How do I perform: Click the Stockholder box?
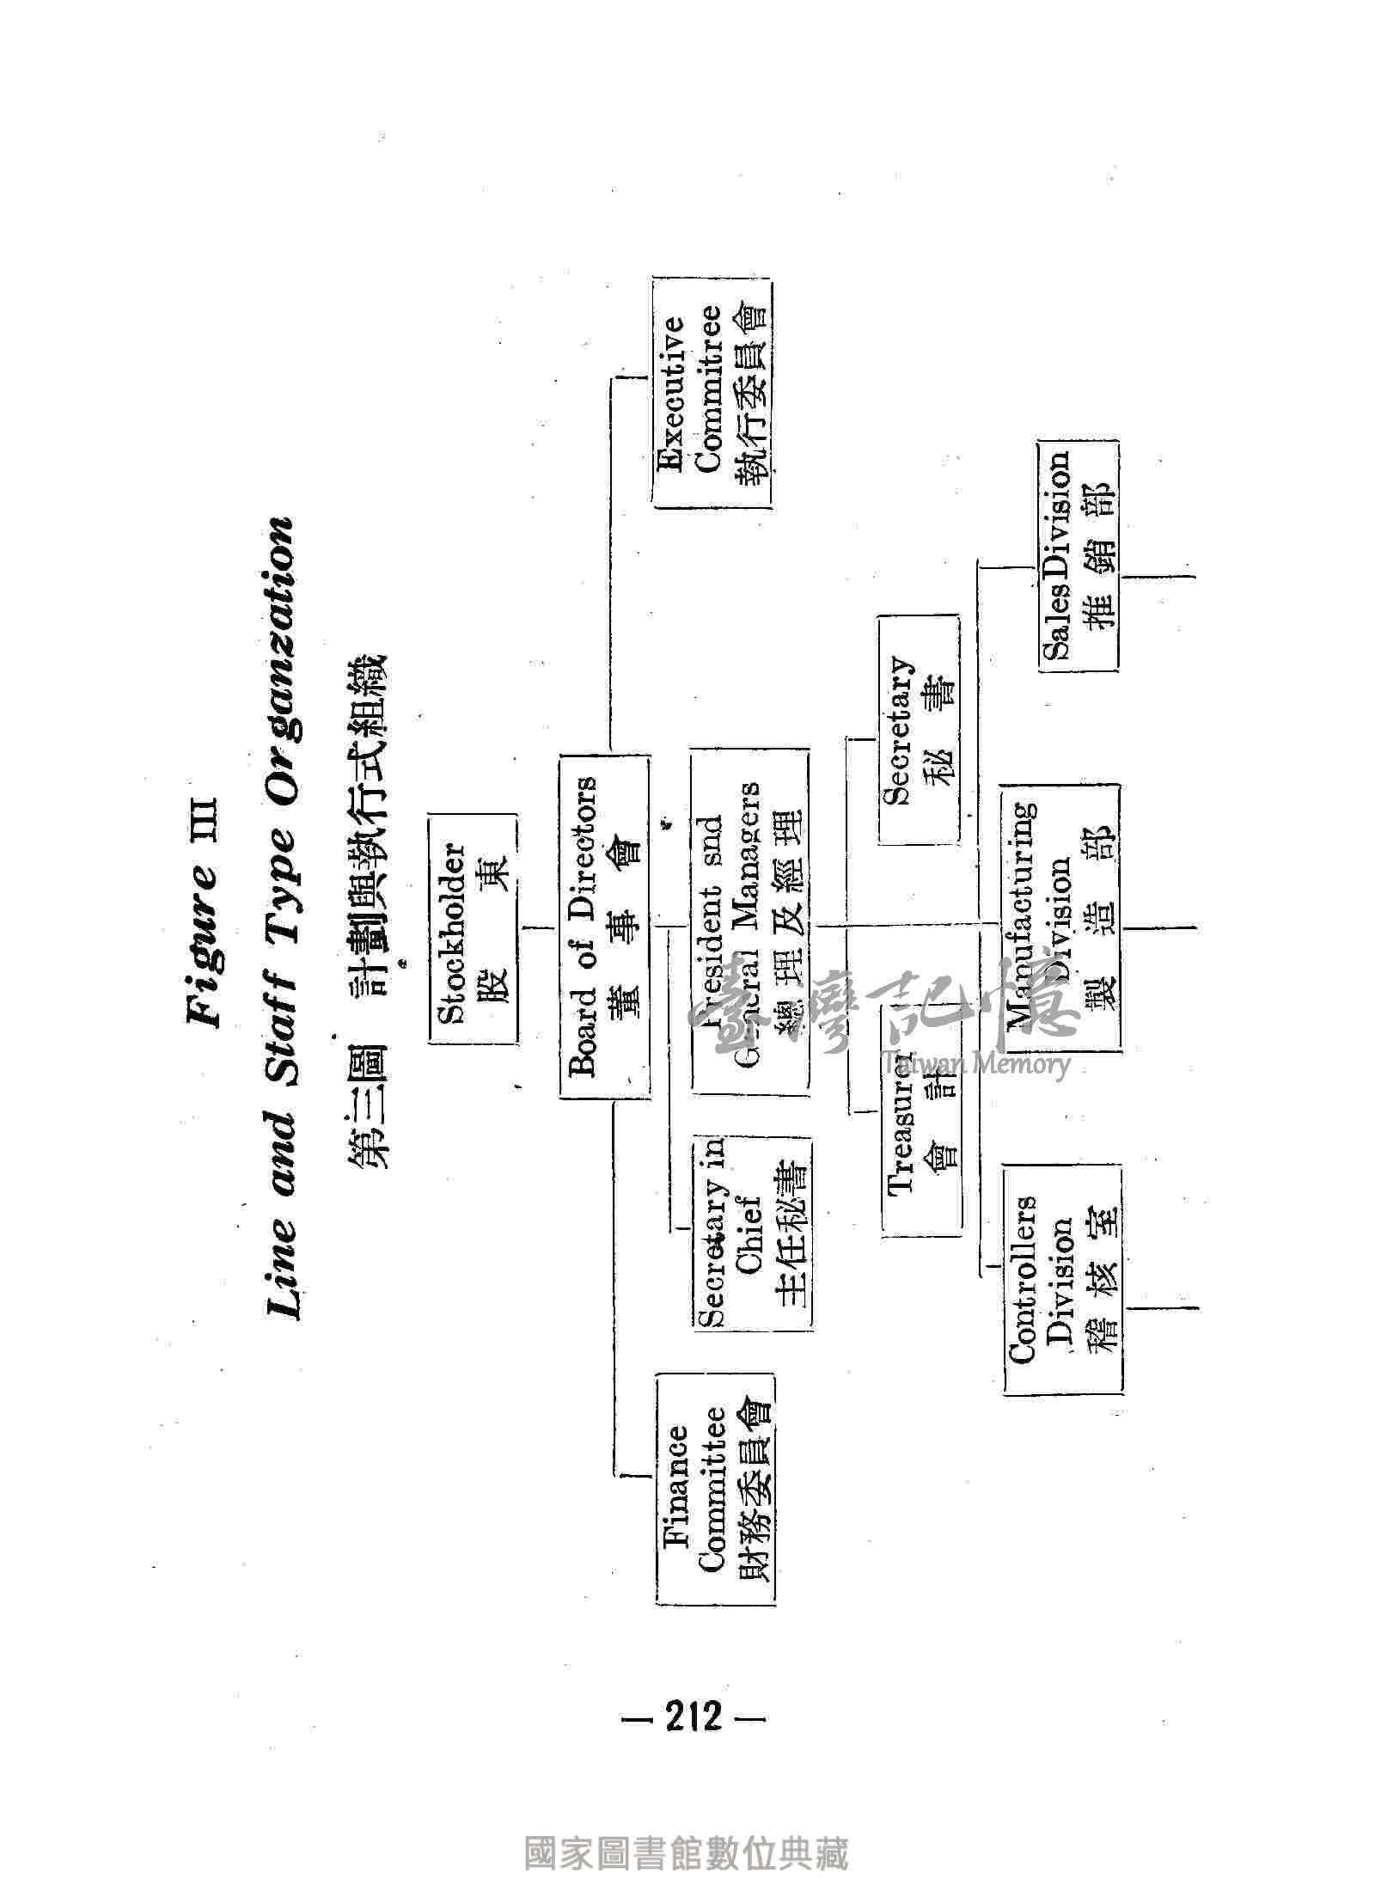coord(473,929)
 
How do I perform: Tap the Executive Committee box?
coord(712,392)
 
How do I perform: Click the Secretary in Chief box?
coord(753,1234)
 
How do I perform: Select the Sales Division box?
coord(1078,555)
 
